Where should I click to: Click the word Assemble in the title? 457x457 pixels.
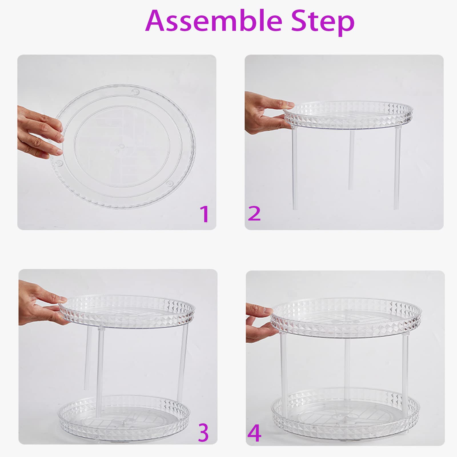tap(214, 21)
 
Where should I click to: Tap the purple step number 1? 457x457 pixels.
tap(205, 214)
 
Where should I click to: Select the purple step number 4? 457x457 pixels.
tap(254, 433)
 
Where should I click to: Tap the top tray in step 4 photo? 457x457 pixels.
tap(346, 317)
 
